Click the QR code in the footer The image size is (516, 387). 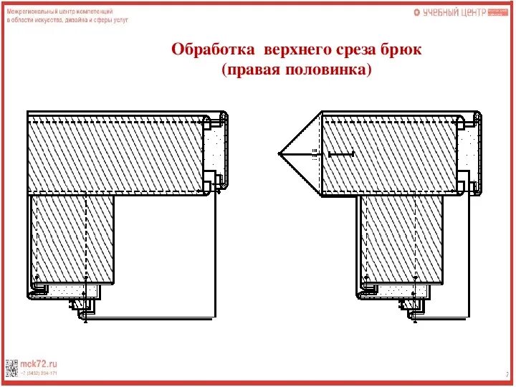tap(11, 367)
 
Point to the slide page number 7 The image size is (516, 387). tap(507, 373)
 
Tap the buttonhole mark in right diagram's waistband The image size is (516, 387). tap(340, 154)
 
